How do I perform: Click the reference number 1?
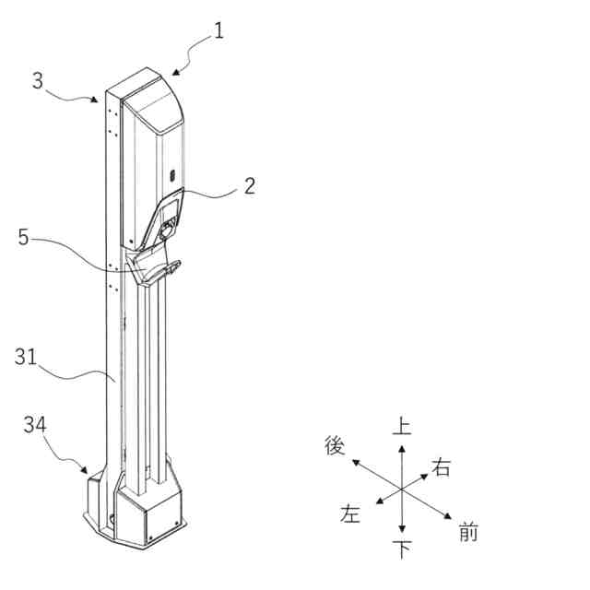pyautogui.click(x=218, y=30)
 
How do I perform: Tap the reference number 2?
pyautogui.click(x=250, y=185)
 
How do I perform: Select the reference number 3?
pyautogui.click(x=37, y=80)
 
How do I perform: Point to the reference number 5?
pyautogui.click(x=25, y=237)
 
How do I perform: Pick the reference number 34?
pyautogui.click(x=35, y=424)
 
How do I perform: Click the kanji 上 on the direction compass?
pyautogui.click(x=402, y=425)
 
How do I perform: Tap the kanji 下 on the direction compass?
pyautogui.click(x=402, y=550)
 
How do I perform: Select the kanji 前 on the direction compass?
pyautogui.click(x=467, y=532)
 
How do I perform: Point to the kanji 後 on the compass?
pyautogui.click(x=335, y=445)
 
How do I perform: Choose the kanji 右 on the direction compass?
pyautogui.click(x=442, y=467)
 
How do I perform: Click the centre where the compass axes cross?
pyautogui.click(x=402, y=489)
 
